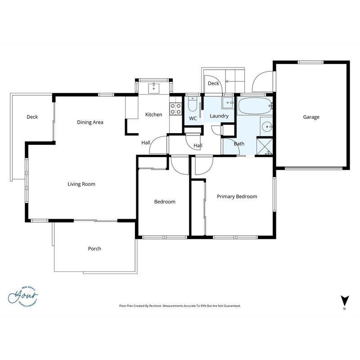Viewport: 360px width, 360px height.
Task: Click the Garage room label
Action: pyautogui.click(x=311, y=117)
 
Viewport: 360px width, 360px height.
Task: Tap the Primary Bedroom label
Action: pyautogui.click(x=237, y=197)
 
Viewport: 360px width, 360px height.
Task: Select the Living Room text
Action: pyautogui.click(x=81, y=184)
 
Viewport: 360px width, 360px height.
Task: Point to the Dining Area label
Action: pyautogui.click(x=90, y=122)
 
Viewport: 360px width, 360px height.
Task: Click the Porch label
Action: pyautogui.click(x=94, y=249)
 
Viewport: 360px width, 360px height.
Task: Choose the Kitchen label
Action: pyautogui.click(x=153, y=115)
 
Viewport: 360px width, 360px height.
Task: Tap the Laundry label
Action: pyautogui.click(x=219, y=116)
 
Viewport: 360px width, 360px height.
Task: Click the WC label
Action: pyautogui.click(x=193, y=118)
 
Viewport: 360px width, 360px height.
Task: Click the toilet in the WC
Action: pyautogui.click(x=193, y=104)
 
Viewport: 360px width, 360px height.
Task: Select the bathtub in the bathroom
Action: pyautogui.click(x=255, y=106)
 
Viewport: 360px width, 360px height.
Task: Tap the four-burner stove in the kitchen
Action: pyautogui.click(x=175, y=109)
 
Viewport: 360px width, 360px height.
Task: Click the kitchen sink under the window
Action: pyautogui.click(x=153, y=88)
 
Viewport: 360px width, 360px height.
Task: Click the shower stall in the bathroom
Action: pyautogui.click(x=264, y=147)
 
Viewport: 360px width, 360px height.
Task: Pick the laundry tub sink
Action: pyautogui.click(x=228, y=103)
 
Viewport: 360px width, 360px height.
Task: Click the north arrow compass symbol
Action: pyautogui.click(x=344, y=301)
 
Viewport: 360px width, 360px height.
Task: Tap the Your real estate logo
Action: pyautogui.click(x=23, y=297)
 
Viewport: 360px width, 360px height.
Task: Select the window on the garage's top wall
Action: pyautogui.click(x=310, y=62)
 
